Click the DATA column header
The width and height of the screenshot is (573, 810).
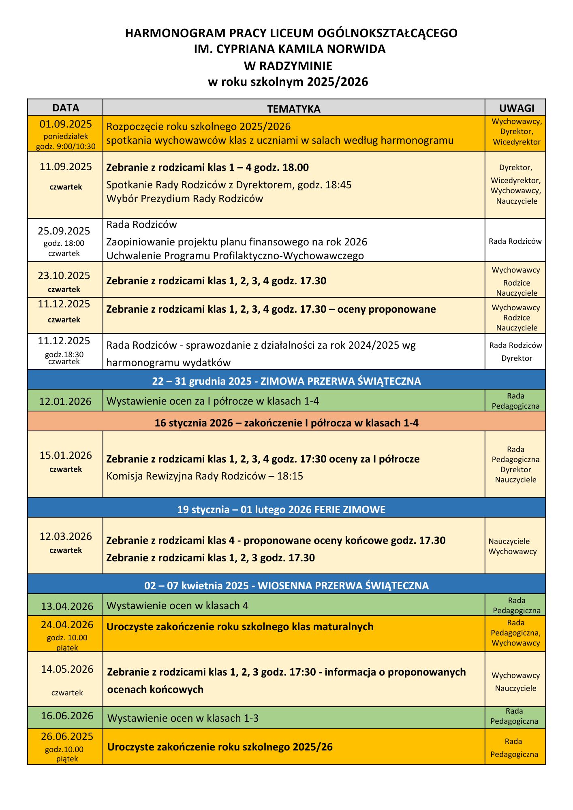66,108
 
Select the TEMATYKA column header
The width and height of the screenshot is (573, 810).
293,109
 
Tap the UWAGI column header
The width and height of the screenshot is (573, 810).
516,108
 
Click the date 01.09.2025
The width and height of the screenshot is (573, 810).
66,124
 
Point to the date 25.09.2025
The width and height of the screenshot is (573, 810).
64,231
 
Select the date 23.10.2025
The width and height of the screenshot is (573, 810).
64,275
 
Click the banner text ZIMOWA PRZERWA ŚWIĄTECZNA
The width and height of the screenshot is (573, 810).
340,381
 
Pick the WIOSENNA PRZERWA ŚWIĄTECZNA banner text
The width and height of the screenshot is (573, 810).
343,586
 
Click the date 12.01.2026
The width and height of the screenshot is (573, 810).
65,401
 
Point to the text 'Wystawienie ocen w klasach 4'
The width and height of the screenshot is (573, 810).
177,605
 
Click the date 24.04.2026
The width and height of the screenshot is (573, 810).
67,625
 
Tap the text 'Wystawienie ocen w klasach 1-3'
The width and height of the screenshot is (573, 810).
183,718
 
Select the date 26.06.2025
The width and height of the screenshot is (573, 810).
67,736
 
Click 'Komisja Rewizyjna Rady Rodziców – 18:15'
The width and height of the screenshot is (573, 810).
205,476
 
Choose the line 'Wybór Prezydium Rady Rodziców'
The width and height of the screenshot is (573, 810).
184,198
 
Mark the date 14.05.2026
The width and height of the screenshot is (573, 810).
67,669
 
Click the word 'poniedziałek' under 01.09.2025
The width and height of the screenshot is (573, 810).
66,136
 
